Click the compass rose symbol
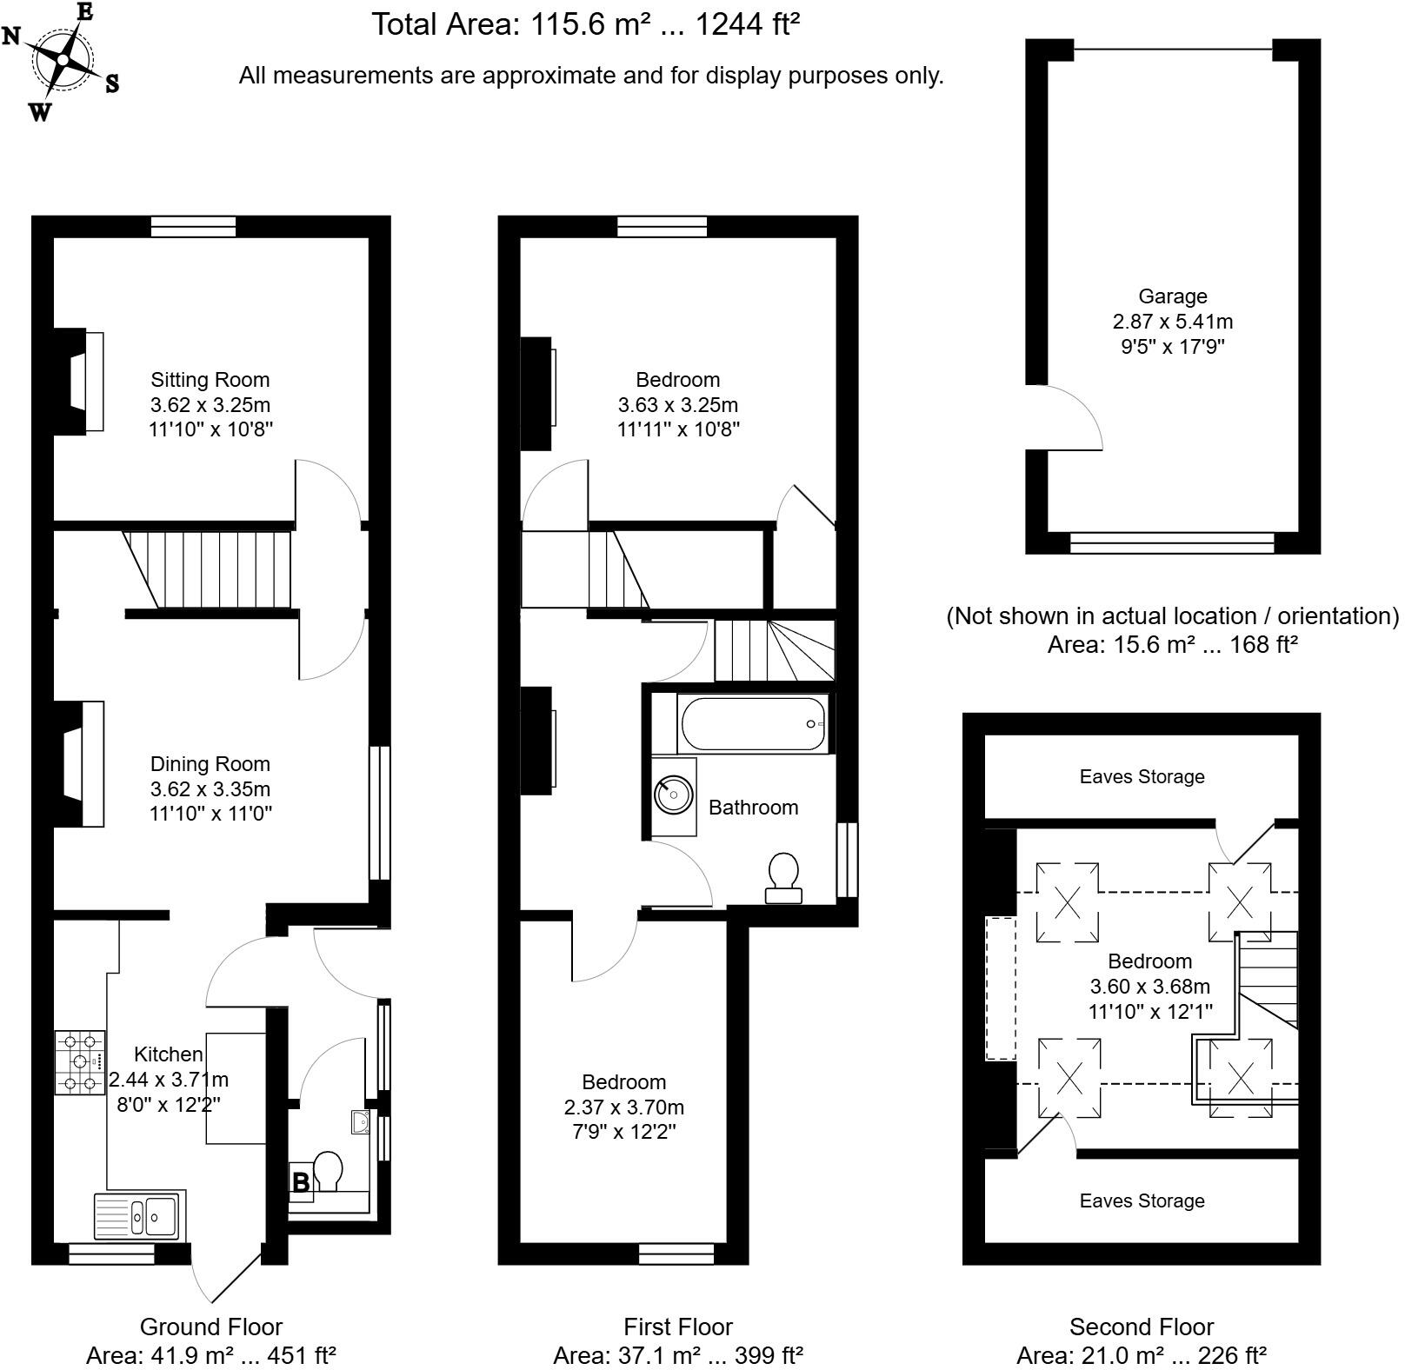63,59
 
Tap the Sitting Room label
210,380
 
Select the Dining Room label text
210,764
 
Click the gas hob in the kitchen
80,1061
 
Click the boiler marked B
301,1182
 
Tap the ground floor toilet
328,1170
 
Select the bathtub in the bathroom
753,723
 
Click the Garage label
1172,296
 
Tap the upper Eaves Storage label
1141,776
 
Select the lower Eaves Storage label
1141,1200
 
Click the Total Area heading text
585,24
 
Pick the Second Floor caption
1141,1327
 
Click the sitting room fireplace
82,381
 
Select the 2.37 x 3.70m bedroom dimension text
623,1107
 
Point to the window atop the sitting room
193,226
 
